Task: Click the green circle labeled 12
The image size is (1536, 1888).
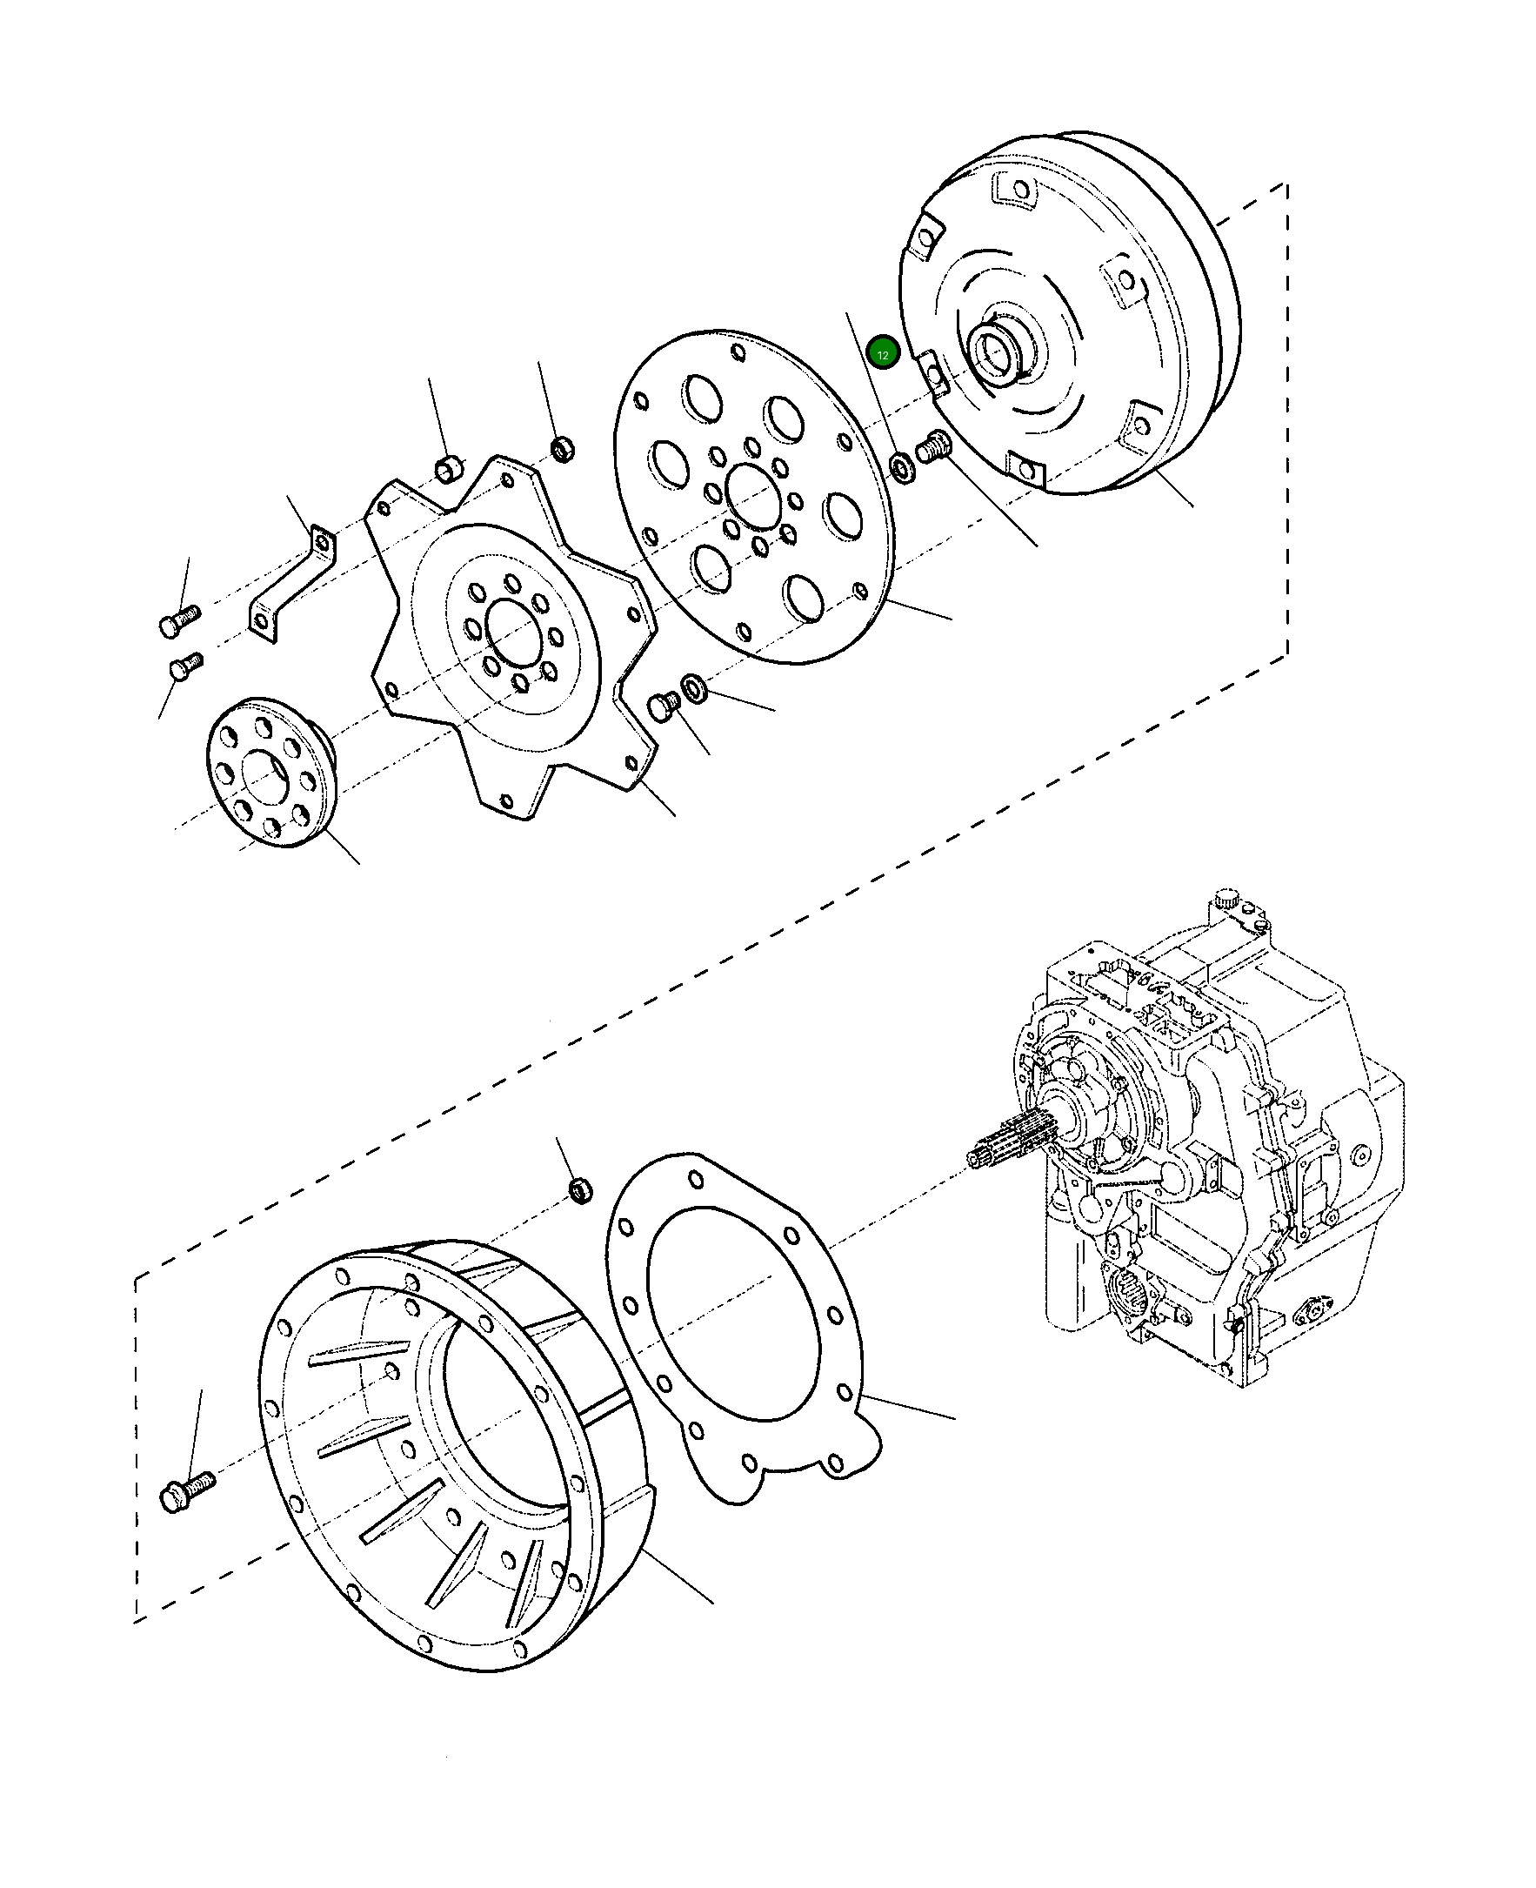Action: pyautogui.click(x=883, y=353)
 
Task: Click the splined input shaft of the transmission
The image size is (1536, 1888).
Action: pyautogui.click(x=1009, y=1146)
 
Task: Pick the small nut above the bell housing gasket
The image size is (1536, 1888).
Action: pyautogui.click(x=580, y=1189)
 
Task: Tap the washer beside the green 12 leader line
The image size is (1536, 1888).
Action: pyautogui.click(x=902, y=465)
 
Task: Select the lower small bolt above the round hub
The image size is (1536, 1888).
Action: pyautogui.click(x=186, y=665)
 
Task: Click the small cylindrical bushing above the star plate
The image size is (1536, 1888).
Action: pyautogui.click(x=450, y=466)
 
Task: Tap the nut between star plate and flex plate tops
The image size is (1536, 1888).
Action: pyautogui.click(x=562, y=449)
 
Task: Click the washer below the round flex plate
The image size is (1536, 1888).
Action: pyautogui.click(x=693, y=687)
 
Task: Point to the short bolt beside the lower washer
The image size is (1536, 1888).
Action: pyautogui.click(x=663, y=707)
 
